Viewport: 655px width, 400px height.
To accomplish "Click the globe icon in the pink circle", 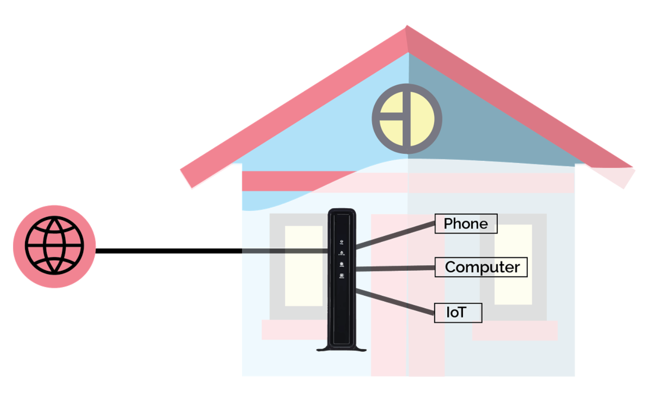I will [x=54, y=246].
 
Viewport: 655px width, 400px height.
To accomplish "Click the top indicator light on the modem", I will [x=341, y=242].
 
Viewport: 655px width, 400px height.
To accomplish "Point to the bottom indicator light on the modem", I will [x=342, y=276].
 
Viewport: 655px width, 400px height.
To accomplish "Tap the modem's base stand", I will [x=341, y=349].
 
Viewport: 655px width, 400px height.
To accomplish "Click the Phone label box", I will [x=466, y=223].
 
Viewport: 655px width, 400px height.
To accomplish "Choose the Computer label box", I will [x=481, y=267].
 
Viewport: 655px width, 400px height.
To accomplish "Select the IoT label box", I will [x=458, y=313].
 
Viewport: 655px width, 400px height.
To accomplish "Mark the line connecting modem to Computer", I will [x=395, y=268].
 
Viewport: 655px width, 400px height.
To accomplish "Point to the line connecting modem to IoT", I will [x=395, y=302].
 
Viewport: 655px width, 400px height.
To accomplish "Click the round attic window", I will [x=407, y=119].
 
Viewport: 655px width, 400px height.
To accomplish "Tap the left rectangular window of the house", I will [x=303, y=266].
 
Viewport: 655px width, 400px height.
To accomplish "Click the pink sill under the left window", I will [x=292, y=330].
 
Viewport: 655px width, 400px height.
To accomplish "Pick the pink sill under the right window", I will [x=515, y=330].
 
